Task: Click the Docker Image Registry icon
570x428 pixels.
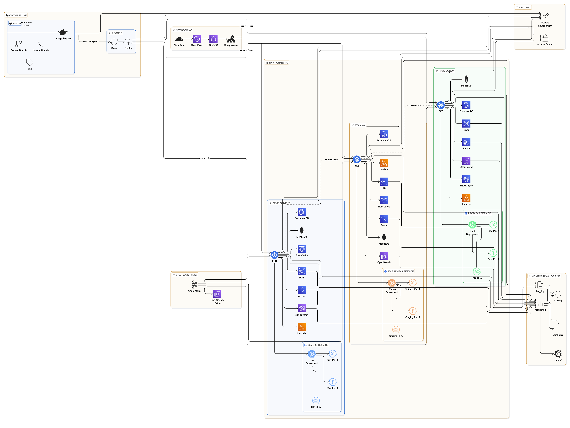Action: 63,32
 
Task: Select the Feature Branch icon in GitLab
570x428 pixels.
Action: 19,44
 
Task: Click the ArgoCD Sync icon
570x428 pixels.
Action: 114,42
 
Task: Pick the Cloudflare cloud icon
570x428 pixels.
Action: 179,39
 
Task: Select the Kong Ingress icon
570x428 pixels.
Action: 231,39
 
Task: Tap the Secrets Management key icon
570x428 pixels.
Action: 545,16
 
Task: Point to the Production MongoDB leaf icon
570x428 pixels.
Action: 466,79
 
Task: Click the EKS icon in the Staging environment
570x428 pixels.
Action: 357,159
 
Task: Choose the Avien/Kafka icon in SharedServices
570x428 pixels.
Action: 194,285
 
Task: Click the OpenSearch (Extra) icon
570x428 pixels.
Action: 217,294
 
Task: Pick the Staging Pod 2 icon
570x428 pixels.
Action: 413,311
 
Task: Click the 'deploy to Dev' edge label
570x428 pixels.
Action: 205,158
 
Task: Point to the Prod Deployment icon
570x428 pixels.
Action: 472,225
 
